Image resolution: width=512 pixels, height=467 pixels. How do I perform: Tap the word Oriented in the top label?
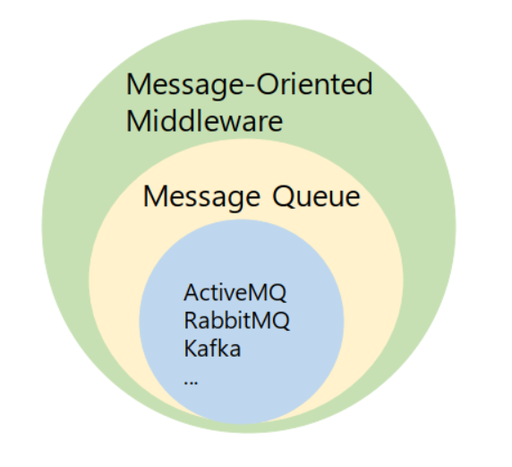point(313,85)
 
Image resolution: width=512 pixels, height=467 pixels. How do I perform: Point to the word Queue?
point(314,196)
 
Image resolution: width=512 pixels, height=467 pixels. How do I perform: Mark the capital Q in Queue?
point(279,195)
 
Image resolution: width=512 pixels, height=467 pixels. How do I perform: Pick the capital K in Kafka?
point(190,349)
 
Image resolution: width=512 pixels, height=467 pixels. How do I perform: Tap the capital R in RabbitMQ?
point(190,321)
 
